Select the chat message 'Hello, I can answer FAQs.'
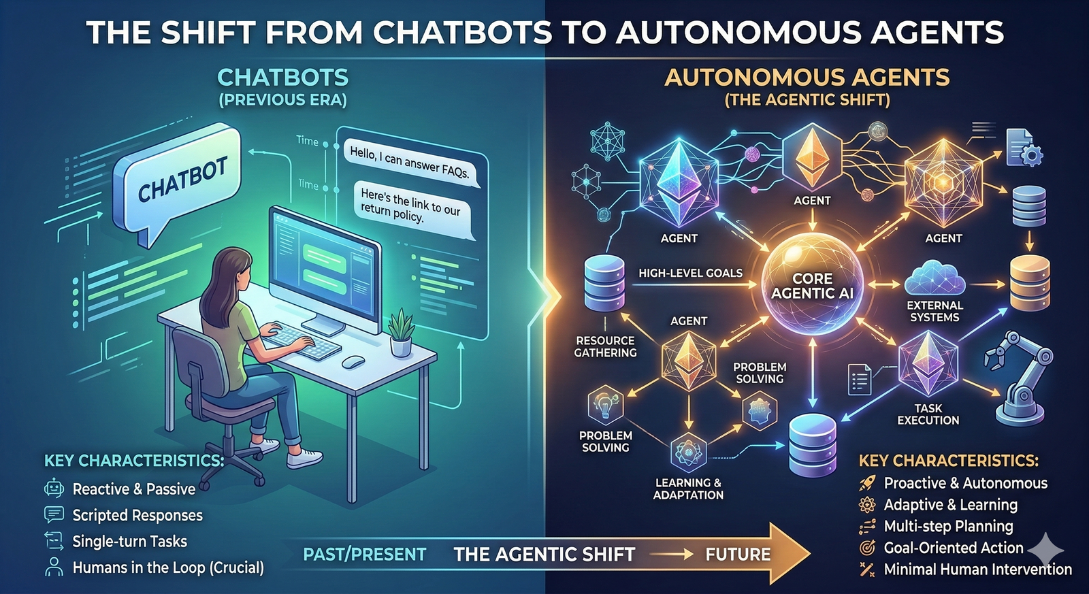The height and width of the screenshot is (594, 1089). [409, 162]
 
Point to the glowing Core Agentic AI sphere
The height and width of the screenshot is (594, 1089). [812, 285]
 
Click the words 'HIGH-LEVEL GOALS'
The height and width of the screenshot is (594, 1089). [690, 273]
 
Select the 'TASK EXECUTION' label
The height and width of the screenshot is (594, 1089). [928, 414]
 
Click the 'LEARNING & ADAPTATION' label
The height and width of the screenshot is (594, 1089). [688, 489]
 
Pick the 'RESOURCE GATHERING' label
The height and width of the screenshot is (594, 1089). [605, 346]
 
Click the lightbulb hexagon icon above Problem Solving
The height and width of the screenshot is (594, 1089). [605, 405]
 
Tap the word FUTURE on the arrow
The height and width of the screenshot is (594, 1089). [738, 555]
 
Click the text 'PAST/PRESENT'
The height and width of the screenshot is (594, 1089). [364, 555]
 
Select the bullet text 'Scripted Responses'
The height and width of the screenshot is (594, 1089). [137, 515]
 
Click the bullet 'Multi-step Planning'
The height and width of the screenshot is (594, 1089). [948, 526]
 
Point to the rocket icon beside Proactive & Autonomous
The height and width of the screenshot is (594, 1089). [867, 483]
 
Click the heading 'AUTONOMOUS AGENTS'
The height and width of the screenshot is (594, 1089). [807, 78]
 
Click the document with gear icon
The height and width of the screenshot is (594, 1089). [1023, 148]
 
